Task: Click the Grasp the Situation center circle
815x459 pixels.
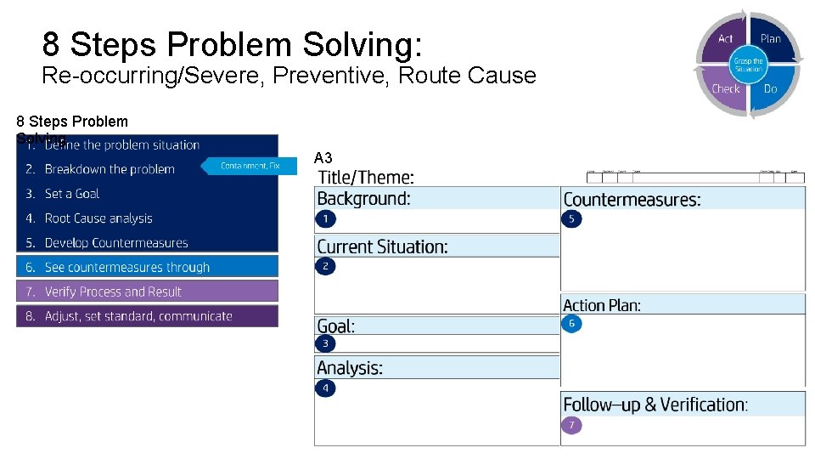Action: pos(748,64)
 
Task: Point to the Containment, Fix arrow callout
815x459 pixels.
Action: pos(249,166)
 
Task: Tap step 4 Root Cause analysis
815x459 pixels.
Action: pos(98,218)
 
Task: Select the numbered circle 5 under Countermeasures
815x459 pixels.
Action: pos(571,219)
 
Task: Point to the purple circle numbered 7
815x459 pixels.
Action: pos(572,425)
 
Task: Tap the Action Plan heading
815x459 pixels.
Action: pos(602,305)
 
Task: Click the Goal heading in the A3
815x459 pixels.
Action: pos(336,326)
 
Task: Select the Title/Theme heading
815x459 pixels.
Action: pos(366,178)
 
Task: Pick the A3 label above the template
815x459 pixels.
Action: pos(323,158)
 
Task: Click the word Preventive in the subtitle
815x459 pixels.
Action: pos(329,76)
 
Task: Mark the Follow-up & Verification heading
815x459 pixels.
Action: pos(655,405)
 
